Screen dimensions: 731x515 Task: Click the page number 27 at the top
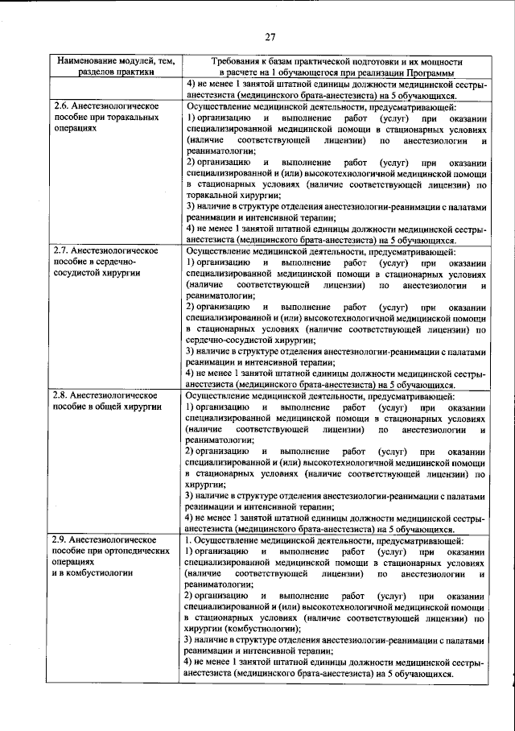click(x=269, y=35)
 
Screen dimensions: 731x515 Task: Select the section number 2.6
click(x=61, y=106)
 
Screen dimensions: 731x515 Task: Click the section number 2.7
click(x=61, y=250)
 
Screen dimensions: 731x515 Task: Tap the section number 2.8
click(x=61, y=395)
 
